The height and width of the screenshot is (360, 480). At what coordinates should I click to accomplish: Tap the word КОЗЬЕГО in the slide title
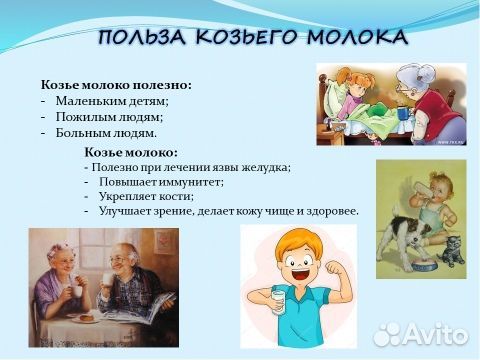tap(242, 38)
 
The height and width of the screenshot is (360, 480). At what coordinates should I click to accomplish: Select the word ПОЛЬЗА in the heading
tap(141, 38)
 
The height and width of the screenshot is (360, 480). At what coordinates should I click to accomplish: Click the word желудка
tap(264, 167)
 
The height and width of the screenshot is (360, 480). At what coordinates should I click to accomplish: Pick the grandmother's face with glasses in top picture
tap(411, 84)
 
